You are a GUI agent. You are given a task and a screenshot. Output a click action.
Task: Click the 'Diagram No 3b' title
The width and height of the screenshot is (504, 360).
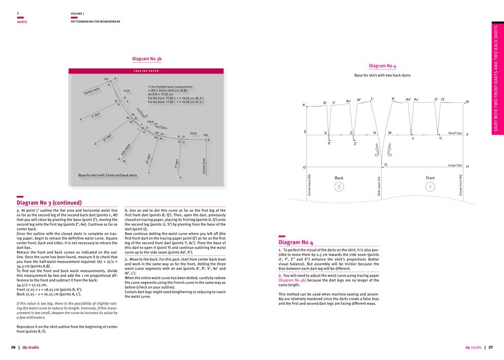pos(147,59)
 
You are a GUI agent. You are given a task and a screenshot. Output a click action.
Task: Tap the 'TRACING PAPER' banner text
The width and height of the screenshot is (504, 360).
pos(147,71)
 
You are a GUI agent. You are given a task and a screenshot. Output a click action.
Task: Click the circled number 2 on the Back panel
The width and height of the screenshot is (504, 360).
pos(339,187)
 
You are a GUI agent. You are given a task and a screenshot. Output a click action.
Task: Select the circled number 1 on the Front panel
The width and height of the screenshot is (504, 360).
pos(430,187)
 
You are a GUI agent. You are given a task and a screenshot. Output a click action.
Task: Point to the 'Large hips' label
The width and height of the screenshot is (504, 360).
pos(455,166)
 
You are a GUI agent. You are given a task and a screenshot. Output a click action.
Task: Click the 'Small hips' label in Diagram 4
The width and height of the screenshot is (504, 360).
pos(455,133)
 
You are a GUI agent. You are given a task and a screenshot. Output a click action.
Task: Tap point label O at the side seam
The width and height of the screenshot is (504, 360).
pos(386,165)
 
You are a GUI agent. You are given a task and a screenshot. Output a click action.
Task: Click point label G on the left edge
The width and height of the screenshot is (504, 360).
pos(304,167)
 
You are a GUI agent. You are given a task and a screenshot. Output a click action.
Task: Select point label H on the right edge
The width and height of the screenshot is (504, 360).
pos(467,167)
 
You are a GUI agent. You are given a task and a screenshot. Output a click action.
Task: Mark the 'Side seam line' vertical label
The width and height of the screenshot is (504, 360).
pos(380,185)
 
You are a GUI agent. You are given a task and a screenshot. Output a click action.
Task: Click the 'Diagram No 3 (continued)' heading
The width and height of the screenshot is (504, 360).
pos(49,203)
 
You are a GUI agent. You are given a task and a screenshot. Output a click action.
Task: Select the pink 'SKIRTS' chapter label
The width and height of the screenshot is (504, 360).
pos(22,22)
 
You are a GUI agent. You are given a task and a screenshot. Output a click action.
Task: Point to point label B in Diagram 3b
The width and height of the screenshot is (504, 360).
pos(208,140)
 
